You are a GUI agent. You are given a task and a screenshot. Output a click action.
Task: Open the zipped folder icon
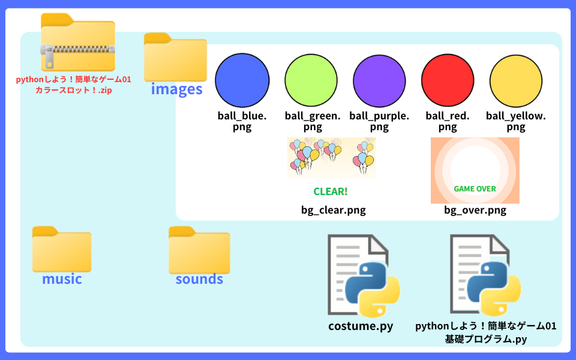[77, 42]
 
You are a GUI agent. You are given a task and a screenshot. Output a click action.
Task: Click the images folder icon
[175, 57]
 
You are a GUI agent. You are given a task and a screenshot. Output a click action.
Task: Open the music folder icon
[62, 248]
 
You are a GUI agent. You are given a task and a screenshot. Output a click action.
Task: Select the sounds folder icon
[199, 250]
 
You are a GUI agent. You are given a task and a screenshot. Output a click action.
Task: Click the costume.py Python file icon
[362, 275]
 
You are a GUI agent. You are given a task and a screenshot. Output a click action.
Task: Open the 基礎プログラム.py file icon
[485, 275]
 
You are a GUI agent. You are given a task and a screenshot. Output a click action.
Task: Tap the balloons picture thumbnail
[331, 157]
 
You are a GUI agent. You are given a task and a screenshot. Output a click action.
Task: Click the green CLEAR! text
[331, 192]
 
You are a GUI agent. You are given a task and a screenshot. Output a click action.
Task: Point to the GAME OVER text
[475, 188]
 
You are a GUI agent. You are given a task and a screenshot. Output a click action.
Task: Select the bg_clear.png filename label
[333, 210]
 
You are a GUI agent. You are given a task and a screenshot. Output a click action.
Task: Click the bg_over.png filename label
[475, 210]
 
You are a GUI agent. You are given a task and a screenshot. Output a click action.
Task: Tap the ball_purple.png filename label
[379, 121]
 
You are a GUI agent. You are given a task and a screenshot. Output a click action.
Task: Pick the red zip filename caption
[73, 85]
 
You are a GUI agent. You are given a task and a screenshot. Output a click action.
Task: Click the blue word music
[62, 279]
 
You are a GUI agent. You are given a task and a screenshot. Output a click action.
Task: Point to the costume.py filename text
[361, 326]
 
